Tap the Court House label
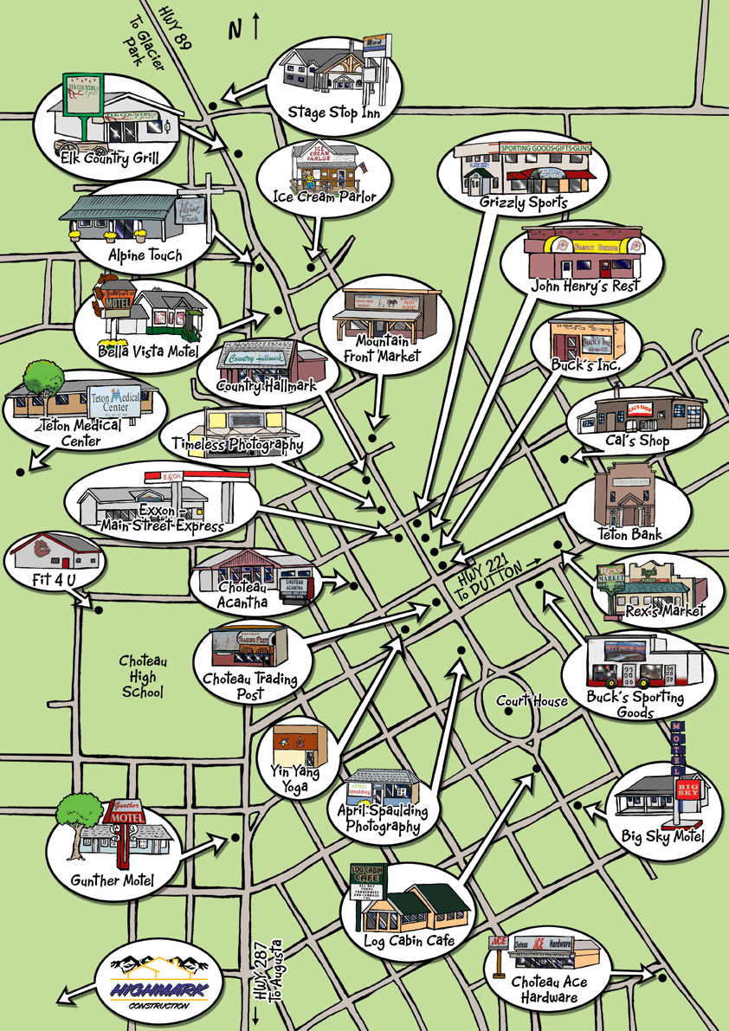[532, 701]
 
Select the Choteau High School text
[144, 677]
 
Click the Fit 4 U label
[49, 576]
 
